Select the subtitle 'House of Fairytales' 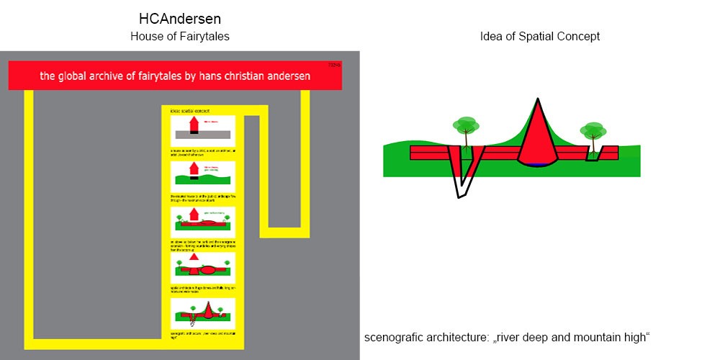[x=180, y=36]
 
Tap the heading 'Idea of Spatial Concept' [x=539, y=36]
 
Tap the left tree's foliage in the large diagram [x=466, y=125]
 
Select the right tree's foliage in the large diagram [x=594, y=130]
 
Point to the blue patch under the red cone [x=539, y=166]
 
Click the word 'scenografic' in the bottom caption [x=396, y=337]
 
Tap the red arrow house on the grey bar [x=193, y=127]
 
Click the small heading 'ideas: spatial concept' [x=189, y=111]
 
